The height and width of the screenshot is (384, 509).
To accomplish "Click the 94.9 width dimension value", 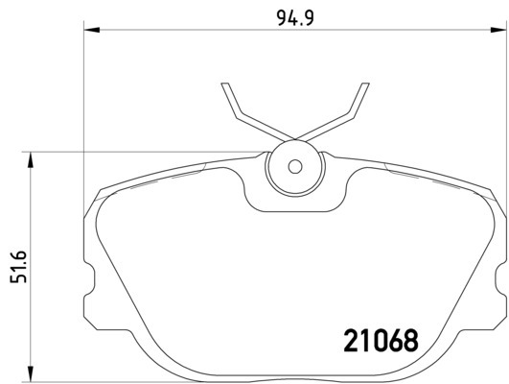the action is click(x=295, y=18).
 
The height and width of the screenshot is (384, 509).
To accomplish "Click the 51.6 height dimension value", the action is click(x=18, y=267).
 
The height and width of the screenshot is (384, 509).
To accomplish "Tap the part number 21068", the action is click(x=382, y=341).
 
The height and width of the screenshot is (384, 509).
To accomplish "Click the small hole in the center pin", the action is click(x=295, y=167).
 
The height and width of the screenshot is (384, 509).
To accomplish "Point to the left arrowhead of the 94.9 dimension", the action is click(x=91, y=30).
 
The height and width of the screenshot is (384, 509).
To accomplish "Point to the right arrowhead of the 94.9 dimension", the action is click(x=498, y=30).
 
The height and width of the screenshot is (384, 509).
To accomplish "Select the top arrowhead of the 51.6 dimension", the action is click(x=31, y=159).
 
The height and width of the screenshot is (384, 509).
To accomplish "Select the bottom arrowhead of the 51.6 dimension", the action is click(x=31, y=373).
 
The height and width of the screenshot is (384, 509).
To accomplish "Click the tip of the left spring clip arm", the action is click(x=225, y=84).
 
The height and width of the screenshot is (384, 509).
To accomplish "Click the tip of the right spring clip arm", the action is click(x=365, y=84).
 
